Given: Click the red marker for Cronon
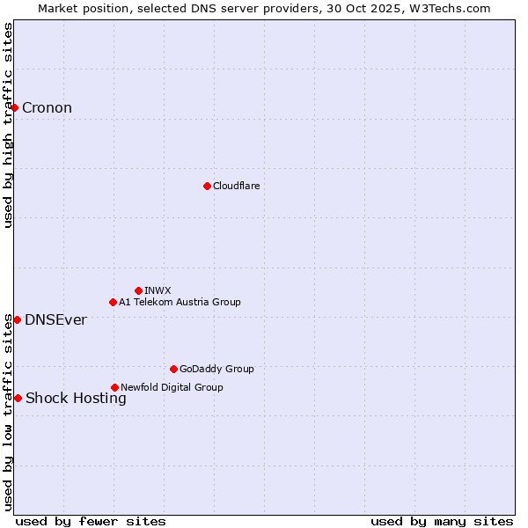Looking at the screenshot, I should click(x=15, y=108).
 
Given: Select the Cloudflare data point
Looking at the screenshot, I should click(x=207, y=186).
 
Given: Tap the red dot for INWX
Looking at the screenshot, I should click(x=138, y=290).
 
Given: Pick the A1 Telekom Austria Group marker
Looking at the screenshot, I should click(x=113, y=302).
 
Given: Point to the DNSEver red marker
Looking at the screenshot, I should click(x=17, y=319).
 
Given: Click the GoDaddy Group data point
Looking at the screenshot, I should click(x=173, y=369).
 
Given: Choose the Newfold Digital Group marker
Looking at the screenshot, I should click(x=114, y=387).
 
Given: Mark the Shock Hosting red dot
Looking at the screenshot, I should click(x=18, y=399).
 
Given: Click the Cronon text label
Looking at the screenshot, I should click(x=47, y=108).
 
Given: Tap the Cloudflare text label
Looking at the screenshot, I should click(x=236, y=186).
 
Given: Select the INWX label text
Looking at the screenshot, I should click(x=158, y=290).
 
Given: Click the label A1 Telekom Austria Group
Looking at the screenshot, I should click(x=180, y=302).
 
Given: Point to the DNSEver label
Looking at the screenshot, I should click(x=55, y=319).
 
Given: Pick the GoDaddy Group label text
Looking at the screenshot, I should click(x=216, y=369).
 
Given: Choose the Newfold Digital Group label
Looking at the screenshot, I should click(x=172, y=387).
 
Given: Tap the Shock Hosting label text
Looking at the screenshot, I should click(x=76, y=399).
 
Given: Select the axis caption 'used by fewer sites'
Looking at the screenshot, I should click(x=91, y=521).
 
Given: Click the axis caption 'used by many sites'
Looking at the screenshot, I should click(x=442, y=521).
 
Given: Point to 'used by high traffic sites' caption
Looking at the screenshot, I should click(x=8, y=125).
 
